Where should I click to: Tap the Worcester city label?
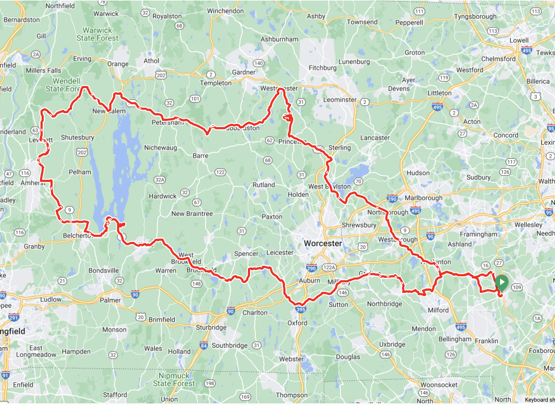pos(323,244)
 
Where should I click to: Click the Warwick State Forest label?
pos(98,34)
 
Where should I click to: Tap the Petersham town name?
pos(167,121)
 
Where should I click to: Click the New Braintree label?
pos(192,214)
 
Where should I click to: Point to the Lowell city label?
pos(519,40)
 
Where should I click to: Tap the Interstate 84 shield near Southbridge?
pos(204,346)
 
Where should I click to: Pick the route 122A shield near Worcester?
pos(329,267)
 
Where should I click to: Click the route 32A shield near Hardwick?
pos(160,179)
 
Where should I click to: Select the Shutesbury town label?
pos(78,137)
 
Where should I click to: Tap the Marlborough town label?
pos(424,198)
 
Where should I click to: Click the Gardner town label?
pos(243,73)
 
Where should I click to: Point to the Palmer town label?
pos(110,300)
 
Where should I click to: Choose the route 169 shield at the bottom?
pos(246,397)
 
